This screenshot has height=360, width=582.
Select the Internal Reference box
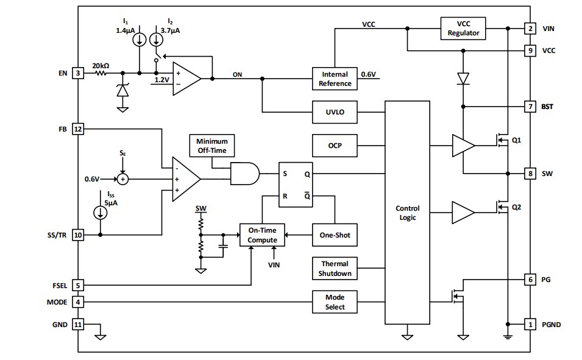coord(335,79)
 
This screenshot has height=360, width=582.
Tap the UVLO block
coord(335,112)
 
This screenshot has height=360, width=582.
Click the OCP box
coord(335,146)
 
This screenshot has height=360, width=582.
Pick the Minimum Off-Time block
coord(211,146)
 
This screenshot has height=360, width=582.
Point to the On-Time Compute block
coord(262,235)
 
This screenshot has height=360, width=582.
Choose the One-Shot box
coord(335,235)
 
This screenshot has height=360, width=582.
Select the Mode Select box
coord(335,302)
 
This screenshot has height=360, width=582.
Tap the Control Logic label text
coord(407,213)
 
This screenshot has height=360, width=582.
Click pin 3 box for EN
coord(77,73)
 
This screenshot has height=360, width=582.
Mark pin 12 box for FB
coord(77,129)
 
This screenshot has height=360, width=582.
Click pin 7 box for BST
coord(530,107)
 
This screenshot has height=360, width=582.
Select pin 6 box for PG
coord(530,280)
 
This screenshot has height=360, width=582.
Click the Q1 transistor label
coord(516,139)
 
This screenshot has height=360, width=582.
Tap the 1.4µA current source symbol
coord(140,39)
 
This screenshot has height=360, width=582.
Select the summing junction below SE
coord(123,179)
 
